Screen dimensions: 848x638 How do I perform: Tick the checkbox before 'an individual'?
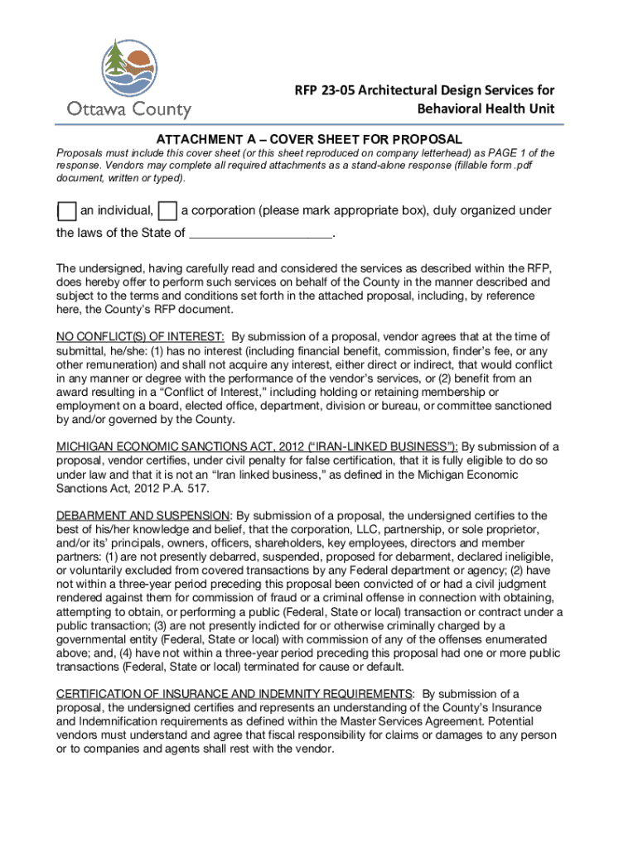[x=67, y=211]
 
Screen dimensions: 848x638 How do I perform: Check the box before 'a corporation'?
[x=167, y=211]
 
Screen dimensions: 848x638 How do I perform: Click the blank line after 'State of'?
[x=260, y=234]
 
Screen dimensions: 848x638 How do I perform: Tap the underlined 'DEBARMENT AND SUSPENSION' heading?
[x=142, y=516]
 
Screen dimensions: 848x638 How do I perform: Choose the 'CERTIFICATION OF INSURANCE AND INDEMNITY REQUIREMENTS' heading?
[x=234, y=694]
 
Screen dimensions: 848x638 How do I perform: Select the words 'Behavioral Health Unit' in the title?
[x=485, y=110]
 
